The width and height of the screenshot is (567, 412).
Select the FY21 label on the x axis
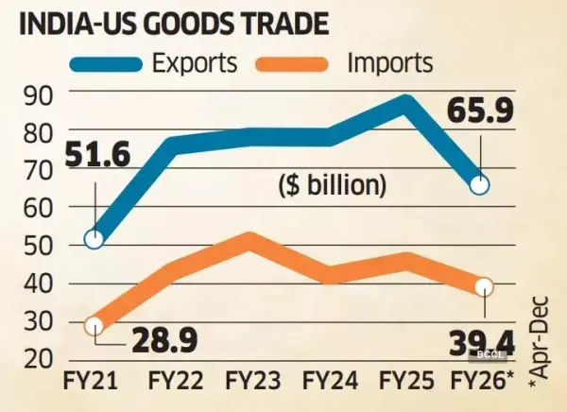pos(92,382)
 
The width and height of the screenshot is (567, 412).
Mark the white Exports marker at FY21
pos(94,239)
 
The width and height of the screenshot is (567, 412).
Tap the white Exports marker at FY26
pos(480,185)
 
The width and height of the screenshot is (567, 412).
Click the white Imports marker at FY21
pos(94,326)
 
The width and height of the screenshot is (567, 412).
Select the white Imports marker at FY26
pos(484,285)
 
